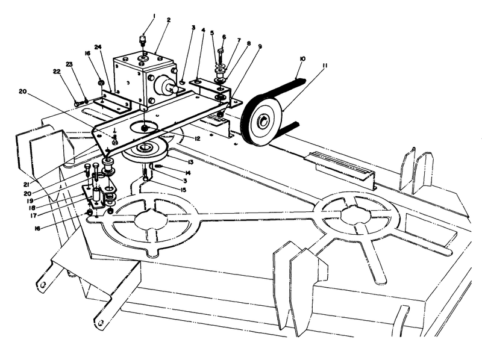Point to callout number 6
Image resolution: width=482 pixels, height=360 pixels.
pyautogui.click(x=224, y=37)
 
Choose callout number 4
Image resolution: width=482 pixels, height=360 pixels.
pyautogui.click(x=204, y=28)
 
